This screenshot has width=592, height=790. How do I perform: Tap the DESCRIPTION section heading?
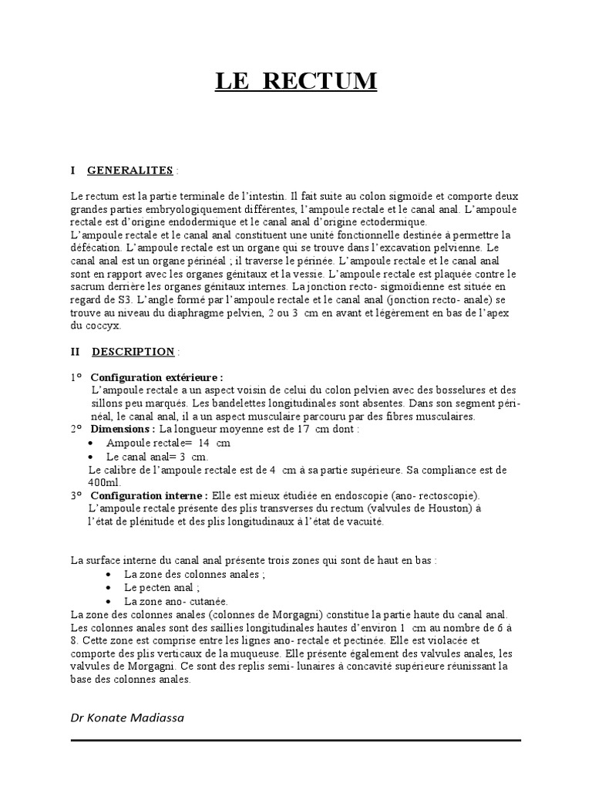pyautogui.click(x=133, y=352)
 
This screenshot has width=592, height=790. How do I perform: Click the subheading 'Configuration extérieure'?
pyautogui.click(x=156, y=377)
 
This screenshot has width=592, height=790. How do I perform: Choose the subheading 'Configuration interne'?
pyautogui.click(x=148, y=495)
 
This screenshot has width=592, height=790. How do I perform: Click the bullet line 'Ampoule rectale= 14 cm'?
pyautogui.click(x=168, y=443)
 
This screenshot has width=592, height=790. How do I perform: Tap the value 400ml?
pyautogui.click(x=103, y=481)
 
